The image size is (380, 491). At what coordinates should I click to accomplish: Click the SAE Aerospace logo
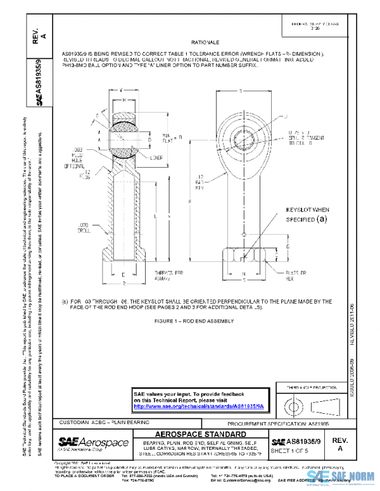93,441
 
